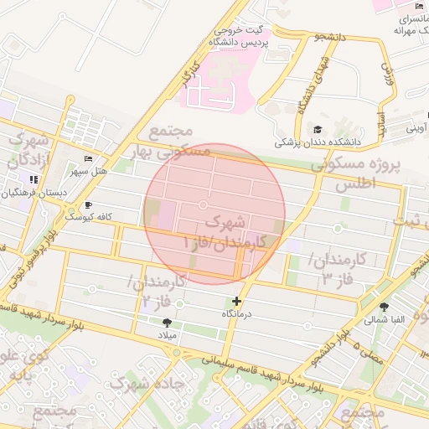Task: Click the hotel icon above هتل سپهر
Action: click(x=90, y=159)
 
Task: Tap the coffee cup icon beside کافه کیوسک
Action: click(x=89, y=204)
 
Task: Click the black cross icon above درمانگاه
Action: click(x=237, y=301)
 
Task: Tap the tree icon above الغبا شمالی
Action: click(x=384, y=307)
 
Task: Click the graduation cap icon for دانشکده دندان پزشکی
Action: click(x=318, y=129)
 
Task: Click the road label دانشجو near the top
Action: click(x=329, y=38)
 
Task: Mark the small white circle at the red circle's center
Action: click(x=203, y=204)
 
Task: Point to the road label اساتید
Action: click(x=381, y=125)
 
